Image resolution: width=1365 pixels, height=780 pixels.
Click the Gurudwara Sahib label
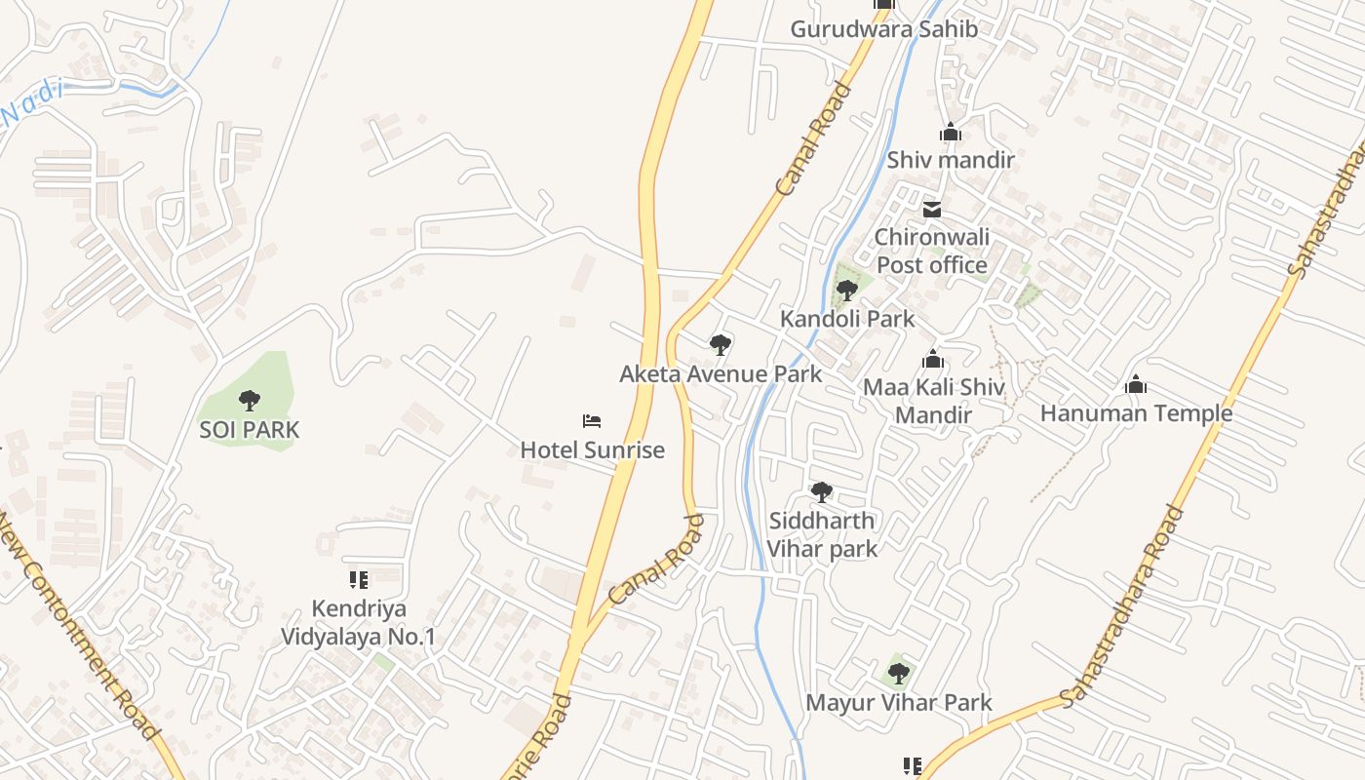[883, 29]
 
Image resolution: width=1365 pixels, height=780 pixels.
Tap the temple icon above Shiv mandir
[951, 132]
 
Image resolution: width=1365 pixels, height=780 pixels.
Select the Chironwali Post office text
[932, 251]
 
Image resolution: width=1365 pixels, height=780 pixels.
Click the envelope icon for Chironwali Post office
[932, 209]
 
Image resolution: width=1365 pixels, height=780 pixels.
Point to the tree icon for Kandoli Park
[846, 290]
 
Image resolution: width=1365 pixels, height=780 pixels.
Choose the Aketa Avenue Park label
[721, 373]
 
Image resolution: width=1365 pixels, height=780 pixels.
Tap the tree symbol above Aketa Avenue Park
[721, 344]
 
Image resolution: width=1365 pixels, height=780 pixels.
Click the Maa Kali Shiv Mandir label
[933, 401]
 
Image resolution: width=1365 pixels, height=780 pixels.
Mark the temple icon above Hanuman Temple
[1136, 385]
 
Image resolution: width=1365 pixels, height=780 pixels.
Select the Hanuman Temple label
[1136, 413]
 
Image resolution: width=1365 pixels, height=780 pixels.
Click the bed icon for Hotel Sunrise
[592, 421]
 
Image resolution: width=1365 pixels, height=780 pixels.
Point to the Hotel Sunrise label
[592, 449]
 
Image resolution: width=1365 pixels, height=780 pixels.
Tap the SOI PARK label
[250, 429]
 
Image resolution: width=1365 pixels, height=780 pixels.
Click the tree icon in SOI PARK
[250, 400]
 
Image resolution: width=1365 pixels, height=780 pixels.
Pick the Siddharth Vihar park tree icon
[822, 492]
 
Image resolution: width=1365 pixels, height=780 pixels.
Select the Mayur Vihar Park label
[898, 702]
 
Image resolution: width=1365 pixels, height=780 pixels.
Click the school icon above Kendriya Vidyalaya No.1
[359, 580]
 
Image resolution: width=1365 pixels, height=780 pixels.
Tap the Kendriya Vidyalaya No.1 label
[359, 623]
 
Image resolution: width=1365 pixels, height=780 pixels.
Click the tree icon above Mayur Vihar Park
[898, 673]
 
